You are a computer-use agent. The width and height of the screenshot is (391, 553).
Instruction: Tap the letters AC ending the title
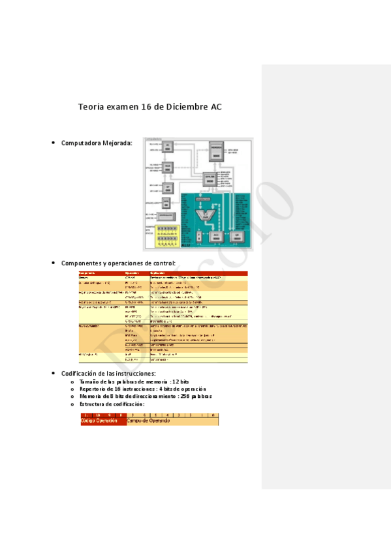[x=216, y=106]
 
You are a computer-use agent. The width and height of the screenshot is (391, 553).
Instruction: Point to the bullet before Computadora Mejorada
[x=53, y=143]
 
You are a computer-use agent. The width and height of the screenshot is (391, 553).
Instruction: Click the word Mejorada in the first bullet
[x=117, y=143]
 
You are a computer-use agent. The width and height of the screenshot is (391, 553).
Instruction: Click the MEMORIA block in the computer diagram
[x=216, y=150]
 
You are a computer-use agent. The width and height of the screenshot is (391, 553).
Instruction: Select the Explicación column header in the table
[x=161, y=273]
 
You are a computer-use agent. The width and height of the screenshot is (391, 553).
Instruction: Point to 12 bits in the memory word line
[x=180, y=381]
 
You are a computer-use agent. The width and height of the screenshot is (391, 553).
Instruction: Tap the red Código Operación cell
[x=102, y=421]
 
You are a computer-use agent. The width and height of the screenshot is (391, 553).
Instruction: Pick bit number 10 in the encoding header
[x=98, y=415]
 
